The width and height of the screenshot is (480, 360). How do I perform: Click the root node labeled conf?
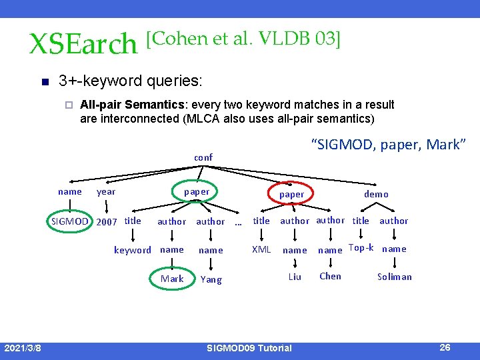pyautogui.click(x=203, y=158)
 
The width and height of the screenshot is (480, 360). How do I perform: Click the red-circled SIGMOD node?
pyautogui.click(x=70, y=221)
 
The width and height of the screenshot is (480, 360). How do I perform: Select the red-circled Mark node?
pyautogui.click(x=172, y=279)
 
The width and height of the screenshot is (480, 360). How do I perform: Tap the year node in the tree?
pyautogui.click(x=106, y=192)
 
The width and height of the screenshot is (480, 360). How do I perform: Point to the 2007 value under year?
pyautogui.click(x=107, y=221)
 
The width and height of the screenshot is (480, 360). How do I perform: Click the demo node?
pyautogui.click(x=376, y=194)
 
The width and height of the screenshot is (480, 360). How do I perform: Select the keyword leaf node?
pyautogui.click(x=132, y=250)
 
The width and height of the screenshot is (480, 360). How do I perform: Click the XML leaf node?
pyautogui.click(x=261, y=249)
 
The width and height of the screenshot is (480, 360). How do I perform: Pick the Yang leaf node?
pyautogui.click(x=211, y=279)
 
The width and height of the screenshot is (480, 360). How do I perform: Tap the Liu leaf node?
pyautogui.click(x=295, y=277)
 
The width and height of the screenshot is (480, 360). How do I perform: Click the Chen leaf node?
pyautogui.click(x=330, y=276)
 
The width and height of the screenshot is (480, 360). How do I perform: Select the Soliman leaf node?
pyautogui.click(x=395, y=277)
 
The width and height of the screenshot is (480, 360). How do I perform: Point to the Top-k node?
pyautogui.click(x=361, y=247)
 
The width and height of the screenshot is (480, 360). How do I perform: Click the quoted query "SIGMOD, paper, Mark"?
pyautogui.click(x=389, y=145)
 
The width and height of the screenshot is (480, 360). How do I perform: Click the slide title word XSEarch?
pyautogui.click(x=83, y=44)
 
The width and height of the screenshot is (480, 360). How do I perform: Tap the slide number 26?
pyautogui.click(x=445, y=347)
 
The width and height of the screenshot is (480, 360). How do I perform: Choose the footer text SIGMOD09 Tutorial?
pyautogui.click(x=249, y=348)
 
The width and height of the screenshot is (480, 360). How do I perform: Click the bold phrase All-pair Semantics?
pyautogui.click(x=131, y=105)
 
